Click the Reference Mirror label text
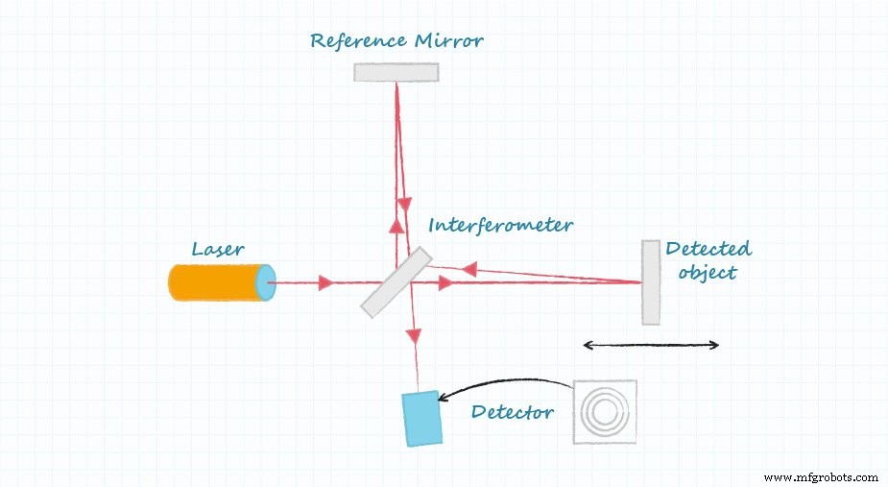click(x=396, y=41)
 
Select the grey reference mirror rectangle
click(x=396, y=72)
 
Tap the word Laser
click(x=217, y=250)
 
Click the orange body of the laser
click(x=214, y=282)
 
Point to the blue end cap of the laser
click(x=266, y=282)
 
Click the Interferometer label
click(x=500, y=226)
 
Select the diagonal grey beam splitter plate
click(x=396, y=282)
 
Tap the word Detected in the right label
click(x=708, y=250)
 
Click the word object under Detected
click(x=707, y=272)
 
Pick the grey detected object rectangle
click(x=651, y=282)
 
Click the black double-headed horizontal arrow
click(x=651, y=345)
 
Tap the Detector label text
click(x=512, y=413)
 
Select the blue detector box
click(x=422, y=418)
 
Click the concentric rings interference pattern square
click(x=605, y=412)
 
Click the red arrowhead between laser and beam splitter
click(x=325, y=282)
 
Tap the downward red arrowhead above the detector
click(x=413, y=335)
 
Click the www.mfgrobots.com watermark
click(x=823, y=476)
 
